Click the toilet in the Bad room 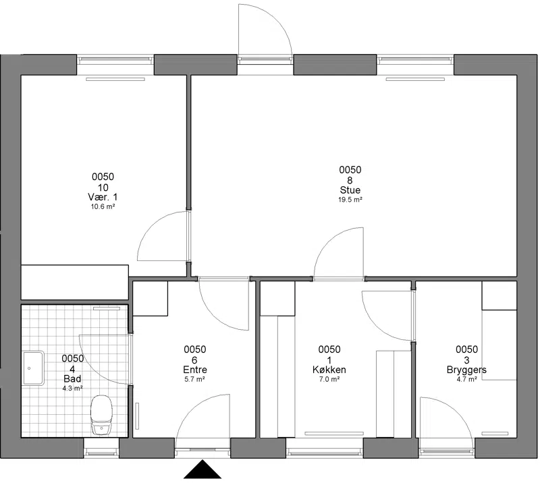(x=101, y=415)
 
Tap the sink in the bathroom (x=33, y=368)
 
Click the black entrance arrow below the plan (x=202, y=469)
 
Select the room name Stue (x=350, y=190)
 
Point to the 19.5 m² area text (x=350, y=200)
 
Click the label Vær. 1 (x=103, y=197)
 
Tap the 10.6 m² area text (x=103, y=206)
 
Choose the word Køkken (x=329, y=370)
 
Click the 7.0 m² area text (x=329, y=379)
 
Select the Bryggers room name (x=466, y=370)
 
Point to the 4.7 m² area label (x=466, y=379)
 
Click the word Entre (x=195, y=370)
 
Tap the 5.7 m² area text (x=195, y=379)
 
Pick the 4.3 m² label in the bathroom (x=72, y=389)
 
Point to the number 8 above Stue (x=350, y=180)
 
